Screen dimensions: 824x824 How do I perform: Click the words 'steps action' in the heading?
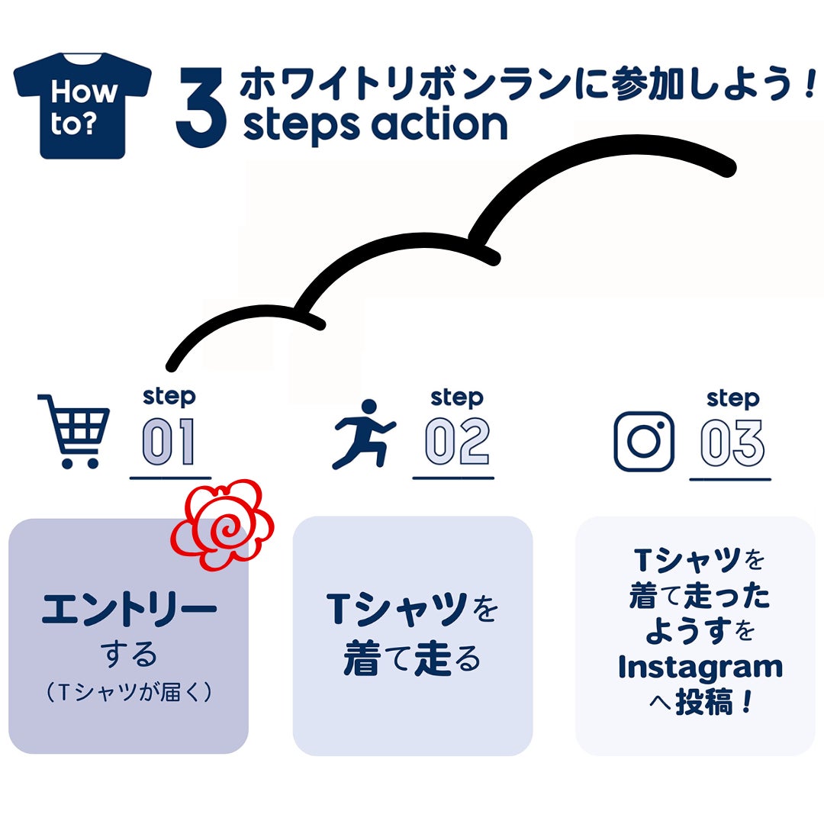(375, 125)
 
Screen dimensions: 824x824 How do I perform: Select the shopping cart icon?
(74, 430)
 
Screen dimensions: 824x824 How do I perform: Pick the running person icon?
(363, 434)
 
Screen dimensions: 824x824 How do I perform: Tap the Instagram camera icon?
(645, 441)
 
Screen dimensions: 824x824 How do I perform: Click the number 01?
(169, 443)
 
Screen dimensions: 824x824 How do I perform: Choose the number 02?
(456, 443)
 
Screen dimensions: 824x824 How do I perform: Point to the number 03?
(732, 443)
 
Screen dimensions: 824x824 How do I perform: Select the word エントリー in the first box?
(129, 610)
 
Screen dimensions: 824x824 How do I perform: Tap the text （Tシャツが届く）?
(128, 692)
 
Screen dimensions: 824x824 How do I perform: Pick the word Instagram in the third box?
(700, 667)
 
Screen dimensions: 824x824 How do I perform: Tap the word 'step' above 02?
(456, 398)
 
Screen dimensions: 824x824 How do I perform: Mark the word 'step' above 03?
(732, 398)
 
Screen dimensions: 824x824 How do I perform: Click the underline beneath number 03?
(730, 480)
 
